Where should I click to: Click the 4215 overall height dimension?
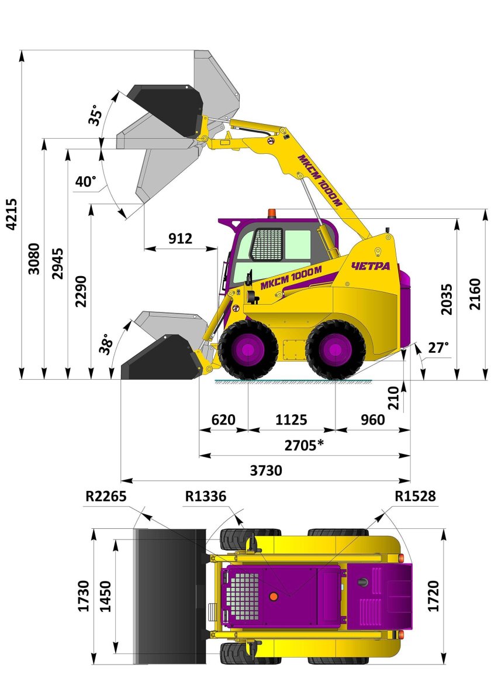point(12,214)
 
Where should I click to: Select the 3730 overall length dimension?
point(266,470)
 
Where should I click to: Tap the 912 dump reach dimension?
point(180,238)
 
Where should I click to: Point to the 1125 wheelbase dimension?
point(291,420)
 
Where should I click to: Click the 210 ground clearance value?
point(394,398)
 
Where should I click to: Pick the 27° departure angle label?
point(438,348)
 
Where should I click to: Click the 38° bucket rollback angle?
point(106,345)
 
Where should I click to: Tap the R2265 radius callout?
point(106,496)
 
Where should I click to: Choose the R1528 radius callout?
point(415,496)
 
